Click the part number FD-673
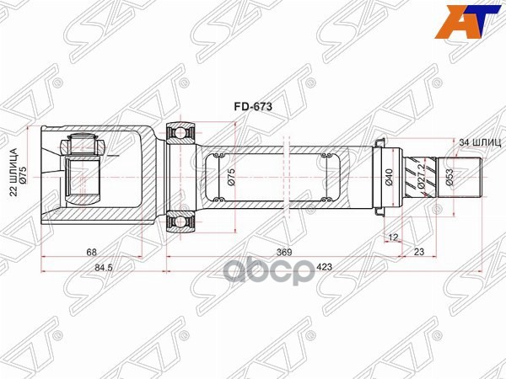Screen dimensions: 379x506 pos(251,107)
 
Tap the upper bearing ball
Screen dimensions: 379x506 pos(180,131)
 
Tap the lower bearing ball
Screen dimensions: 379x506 pos(180,222)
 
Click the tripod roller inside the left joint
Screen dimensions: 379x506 pos(84,147)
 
